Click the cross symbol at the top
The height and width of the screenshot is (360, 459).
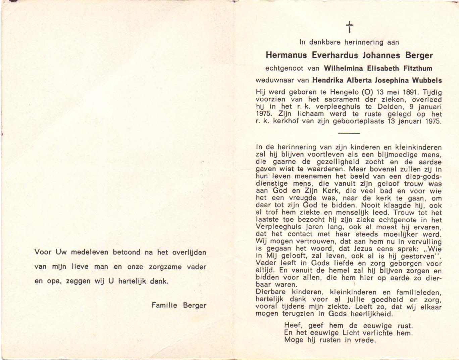point(350,27)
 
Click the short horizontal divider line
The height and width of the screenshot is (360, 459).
point(349,133)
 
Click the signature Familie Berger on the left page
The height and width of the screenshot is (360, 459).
point(178,305)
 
